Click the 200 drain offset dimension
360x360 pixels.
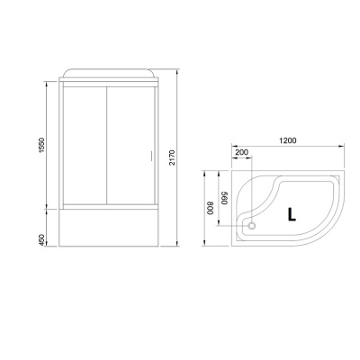click(x=242, y=153)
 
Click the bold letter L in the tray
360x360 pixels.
click(x=292, y=214)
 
